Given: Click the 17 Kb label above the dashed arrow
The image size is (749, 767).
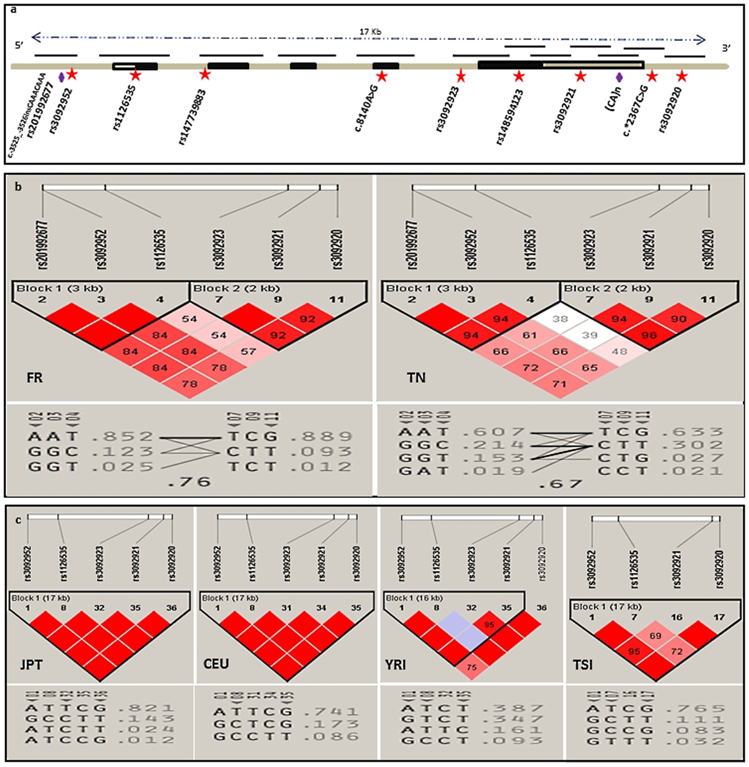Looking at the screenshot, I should (370, 31).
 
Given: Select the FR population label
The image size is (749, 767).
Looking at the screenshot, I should (35, 378).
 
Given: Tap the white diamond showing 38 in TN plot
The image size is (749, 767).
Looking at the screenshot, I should (560, 319).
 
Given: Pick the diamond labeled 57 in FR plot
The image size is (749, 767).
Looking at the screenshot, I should (248, 351).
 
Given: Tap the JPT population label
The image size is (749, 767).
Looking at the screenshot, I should (31, 665).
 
